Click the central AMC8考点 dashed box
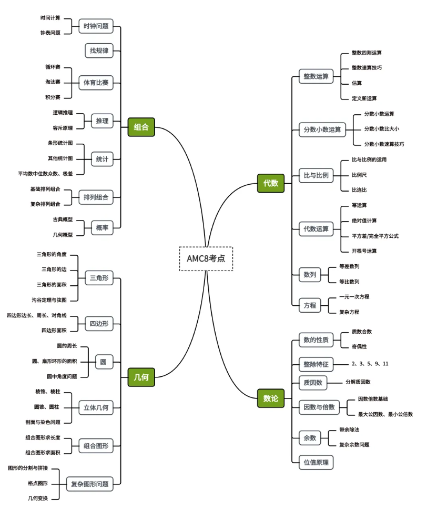206,258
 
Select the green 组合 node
141,127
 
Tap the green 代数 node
270,183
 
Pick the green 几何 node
141,377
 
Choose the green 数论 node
270,398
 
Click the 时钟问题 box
96,26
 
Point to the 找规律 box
99,51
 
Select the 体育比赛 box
96,83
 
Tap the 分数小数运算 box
322,129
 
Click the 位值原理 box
316,462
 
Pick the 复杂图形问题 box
89,484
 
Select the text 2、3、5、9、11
370,364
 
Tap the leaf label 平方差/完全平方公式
375,236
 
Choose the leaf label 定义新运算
364,98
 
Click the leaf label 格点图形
38,483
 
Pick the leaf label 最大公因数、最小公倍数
385,414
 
